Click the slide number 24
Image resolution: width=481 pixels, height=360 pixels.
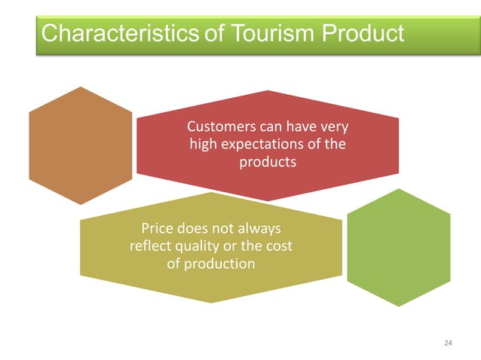(x=449, y=343)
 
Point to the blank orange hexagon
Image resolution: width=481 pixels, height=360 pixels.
(x=80, y=145)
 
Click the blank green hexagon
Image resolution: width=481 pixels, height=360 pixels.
(x=398, y=246)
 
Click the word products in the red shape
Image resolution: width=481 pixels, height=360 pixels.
(x=268, y=162)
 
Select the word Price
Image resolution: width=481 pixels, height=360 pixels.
(x=158, y=227)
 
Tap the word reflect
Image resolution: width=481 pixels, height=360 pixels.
(x=149, y=246)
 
